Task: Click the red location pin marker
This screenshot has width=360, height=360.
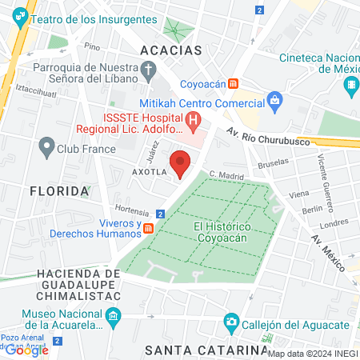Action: pyautogui.click(x=181, y=164)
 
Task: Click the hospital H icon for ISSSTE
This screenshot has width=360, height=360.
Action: pyautogui.click(x=194, y=122)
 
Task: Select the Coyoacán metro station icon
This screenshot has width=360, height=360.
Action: pyautogui.click(x=233, y=83)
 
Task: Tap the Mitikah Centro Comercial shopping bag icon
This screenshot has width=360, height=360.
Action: pyautogui.click(x=276, y=100)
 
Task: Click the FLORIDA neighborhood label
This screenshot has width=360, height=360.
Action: pyautogui.click(x=59, y=191)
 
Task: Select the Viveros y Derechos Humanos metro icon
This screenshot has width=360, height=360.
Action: pyautogui.click(x=149, y=228)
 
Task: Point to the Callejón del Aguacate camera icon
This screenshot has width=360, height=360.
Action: pyautogui.click(x=231, y=323)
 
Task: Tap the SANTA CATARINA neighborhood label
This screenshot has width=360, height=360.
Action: pyautogui.click(x=206, y=350)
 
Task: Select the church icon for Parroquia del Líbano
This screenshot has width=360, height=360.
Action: pyautogui.click(x=148, y=72)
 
